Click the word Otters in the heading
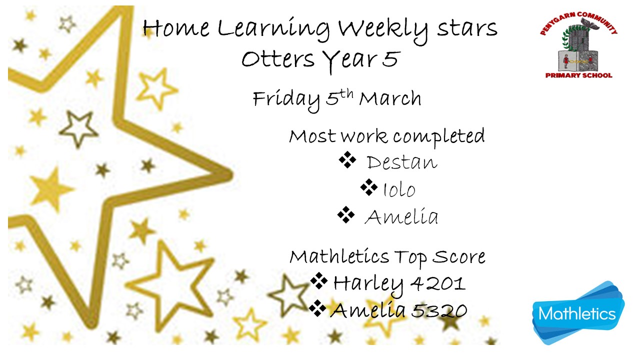278,59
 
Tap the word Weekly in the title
383,30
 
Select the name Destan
402,162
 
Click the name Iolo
399,189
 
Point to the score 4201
438,283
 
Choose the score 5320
439,310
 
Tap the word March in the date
390,98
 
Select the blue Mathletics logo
578,313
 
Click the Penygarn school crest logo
578,45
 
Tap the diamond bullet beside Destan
347,159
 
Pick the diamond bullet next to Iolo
369,187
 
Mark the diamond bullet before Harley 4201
319,281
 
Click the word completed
439,136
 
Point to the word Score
458,256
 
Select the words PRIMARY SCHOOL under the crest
579,75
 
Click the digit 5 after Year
390,59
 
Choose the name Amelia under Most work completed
401,216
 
